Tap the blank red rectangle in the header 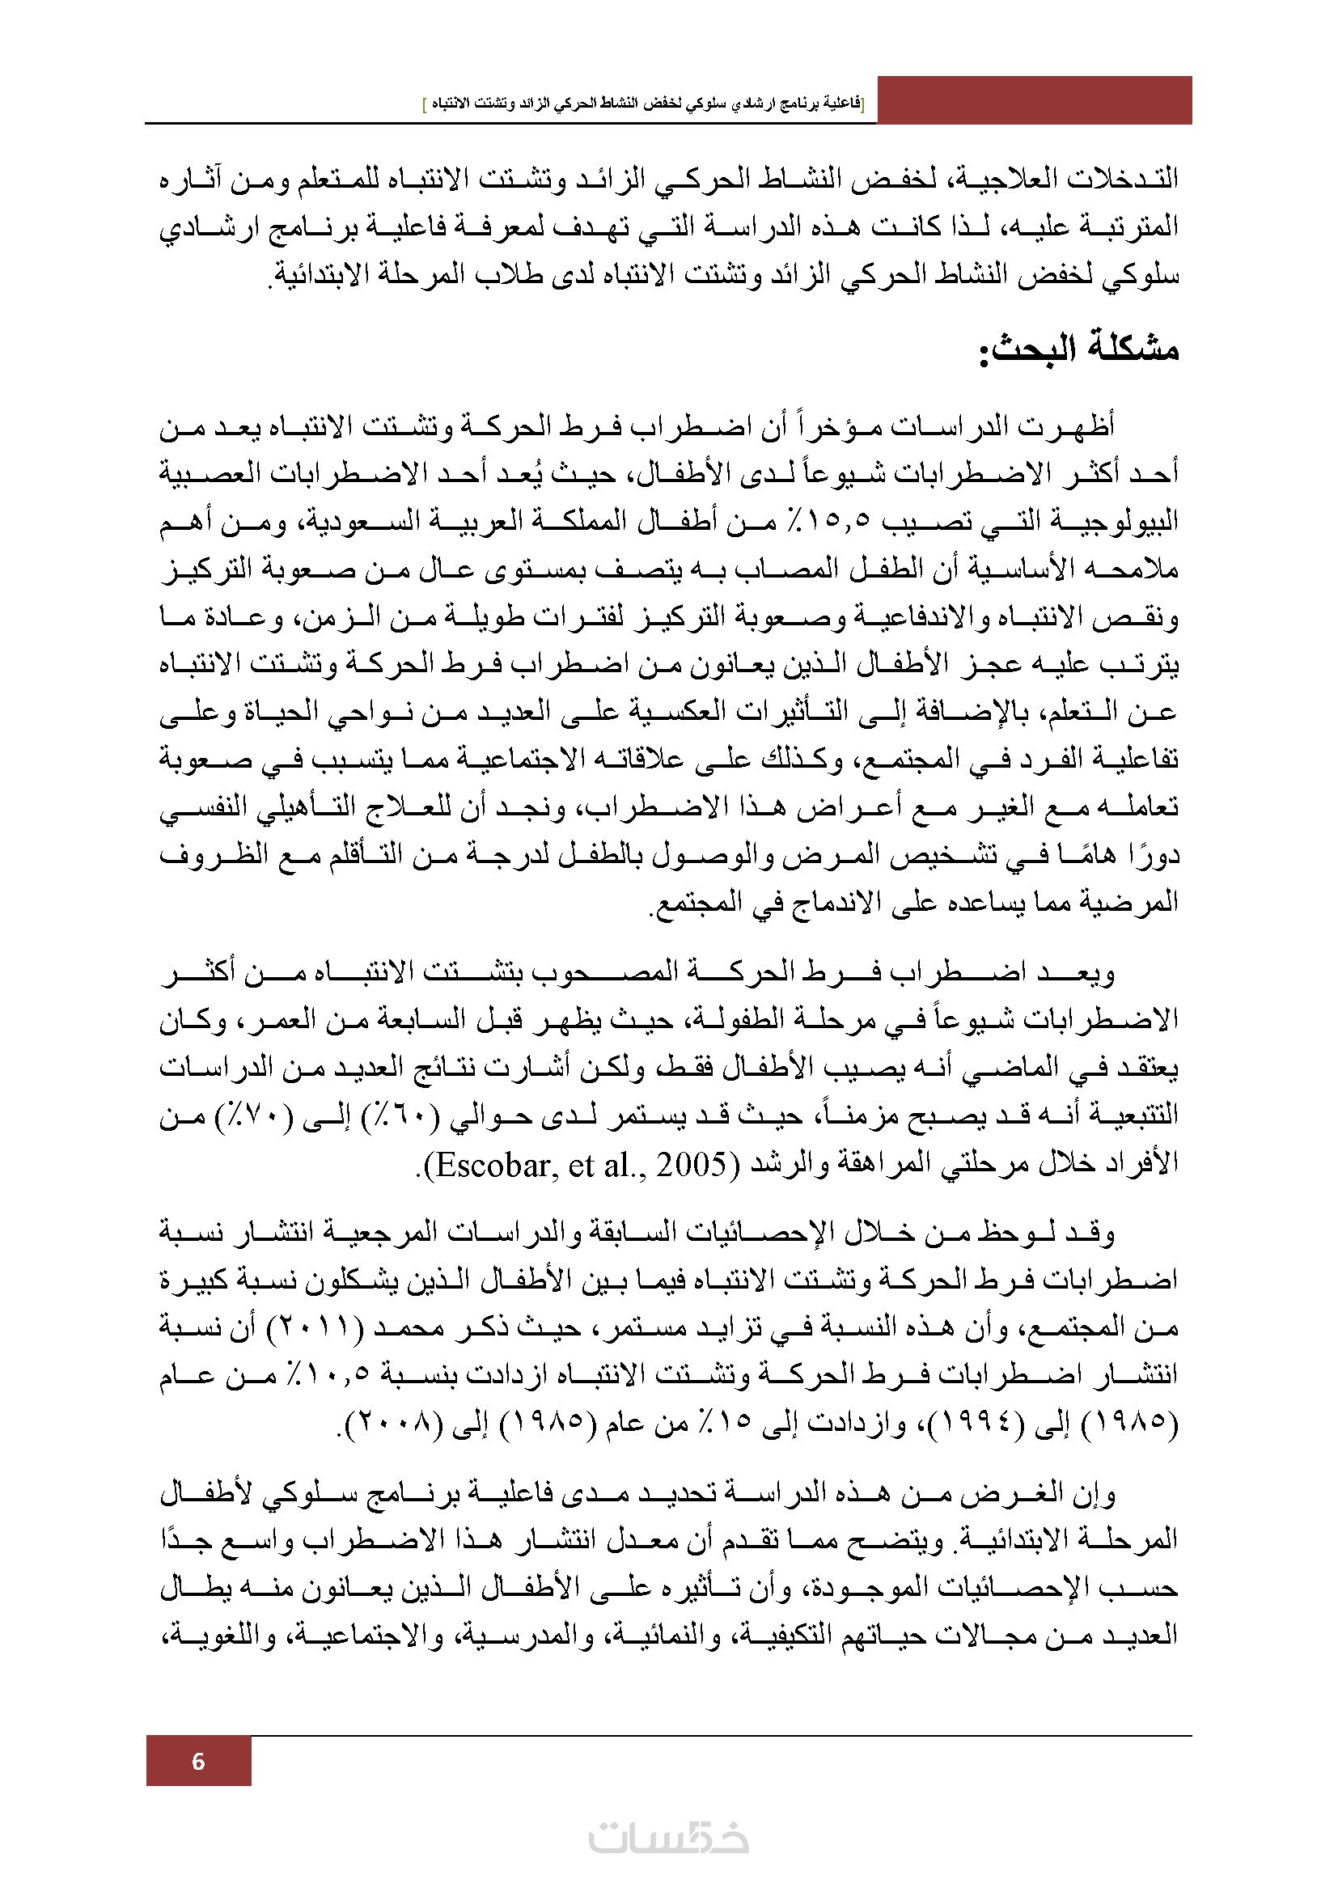pyautogui.click(x=1034, y=99)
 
